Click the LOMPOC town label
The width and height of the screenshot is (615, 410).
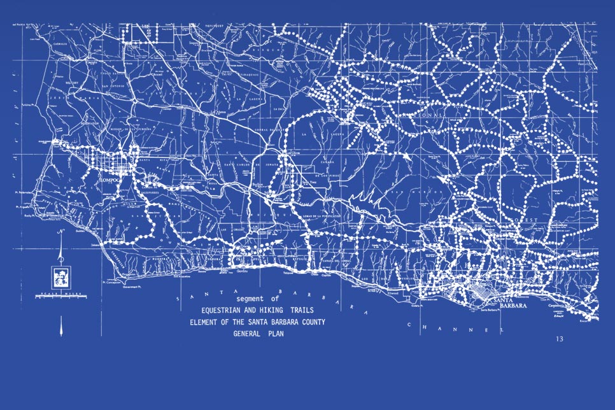(x=110, y=180)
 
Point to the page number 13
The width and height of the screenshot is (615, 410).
(x=559, y=339)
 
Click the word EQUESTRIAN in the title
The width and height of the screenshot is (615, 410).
(x=225, y=310)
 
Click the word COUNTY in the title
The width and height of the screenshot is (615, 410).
(x=309, y=322)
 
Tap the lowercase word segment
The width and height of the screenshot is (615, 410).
(x=249, y=299)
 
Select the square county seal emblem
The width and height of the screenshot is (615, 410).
(x=61, y=276)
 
